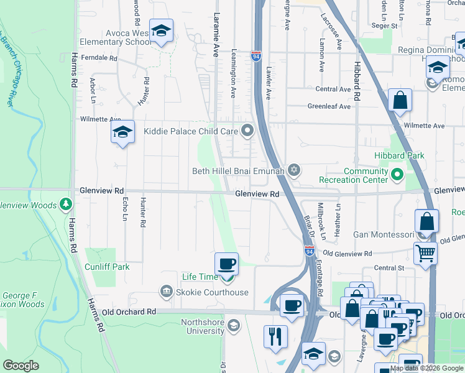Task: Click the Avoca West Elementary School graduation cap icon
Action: (x=161, y=31)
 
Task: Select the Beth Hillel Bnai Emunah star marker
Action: (x=294, y=170)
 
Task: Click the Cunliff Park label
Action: (x=108, y=267)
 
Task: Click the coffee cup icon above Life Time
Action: (x=226, y=264)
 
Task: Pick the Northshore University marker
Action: (x=234, y=325)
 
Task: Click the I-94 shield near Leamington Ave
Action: (x=256, y=56)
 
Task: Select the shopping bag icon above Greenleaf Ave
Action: (x=400, y=100)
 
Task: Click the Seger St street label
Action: (x=384, y=26)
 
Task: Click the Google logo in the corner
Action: (x=21, y=366)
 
